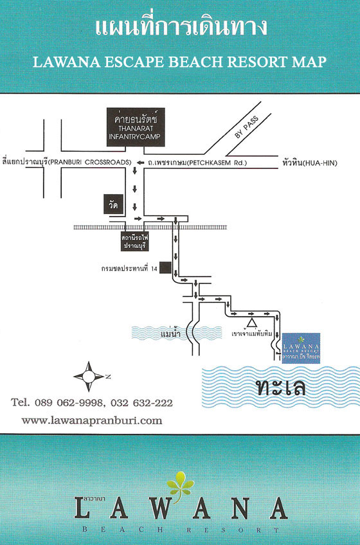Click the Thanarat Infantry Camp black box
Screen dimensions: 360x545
pyautogui.click(x=136, y=127)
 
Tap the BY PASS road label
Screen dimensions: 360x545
pyautogui.click(x=247, y=127)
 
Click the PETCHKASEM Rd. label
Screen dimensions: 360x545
pyautogui.click(x=217, y=163)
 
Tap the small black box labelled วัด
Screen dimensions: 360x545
pyautogui.click(x=113, y=204)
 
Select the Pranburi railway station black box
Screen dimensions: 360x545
pyautogui.click(x=134, y=242)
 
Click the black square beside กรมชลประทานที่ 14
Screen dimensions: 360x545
pyautogui.click(x=165, y=267)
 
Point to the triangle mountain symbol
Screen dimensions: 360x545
pyautogui.click(x=252, y=323)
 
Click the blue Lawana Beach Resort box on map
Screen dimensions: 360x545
pyautogui.click(x=301, y=348)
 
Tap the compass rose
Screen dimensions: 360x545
pyautogui.click(x=89, y=377)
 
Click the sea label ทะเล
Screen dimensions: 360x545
pyautogui.click(x=280, y=388)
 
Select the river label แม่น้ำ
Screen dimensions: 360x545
pyautogui.click(x=170, y=334)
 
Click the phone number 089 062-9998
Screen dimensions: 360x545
pyautogui.click(x=69, y=403)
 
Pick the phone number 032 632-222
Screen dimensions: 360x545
pyautogui.click(x=141, y=403)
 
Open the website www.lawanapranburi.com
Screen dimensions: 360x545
pyautogui.click(x=92, y=420)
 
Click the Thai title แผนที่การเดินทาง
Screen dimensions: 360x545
pyautogui.click(x=181, y=27)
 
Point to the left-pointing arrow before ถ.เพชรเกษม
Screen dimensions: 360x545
pyautogui.click(x=141, y=163)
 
